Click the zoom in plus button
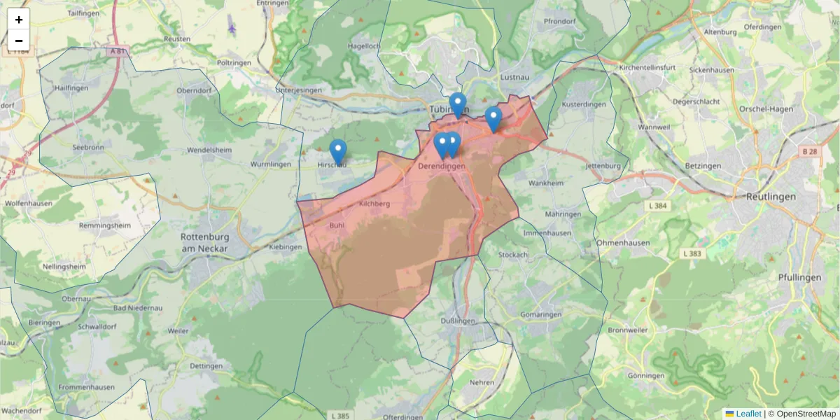tap(19, 20)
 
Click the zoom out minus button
tap(19, 41)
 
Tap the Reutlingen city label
tap(771, 197)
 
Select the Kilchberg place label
tap(373, 204)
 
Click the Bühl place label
tap(337, 226)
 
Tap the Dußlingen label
tap(458, 321)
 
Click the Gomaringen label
tap(541, 315)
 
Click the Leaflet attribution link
tap(748, 414)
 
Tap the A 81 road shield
tap(120, 52)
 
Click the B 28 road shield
tap(809, 150)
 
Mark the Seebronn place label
tap(88, 147)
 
